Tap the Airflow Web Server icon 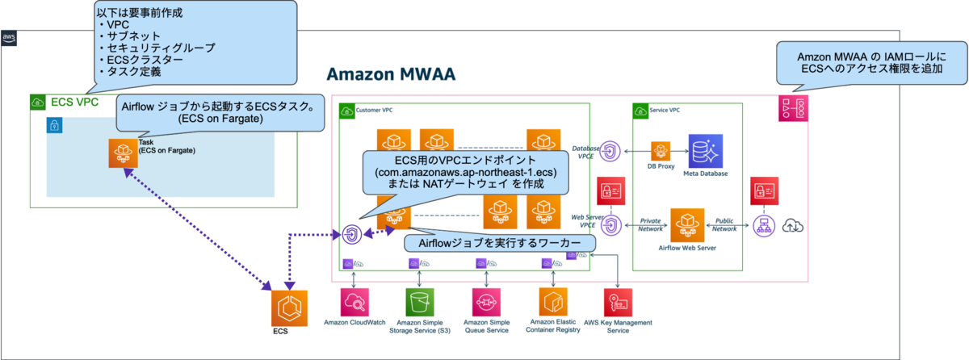pos(687,223)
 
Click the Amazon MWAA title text pos(391,74)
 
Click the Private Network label pos(650,224)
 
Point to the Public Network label pos(724,224)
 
